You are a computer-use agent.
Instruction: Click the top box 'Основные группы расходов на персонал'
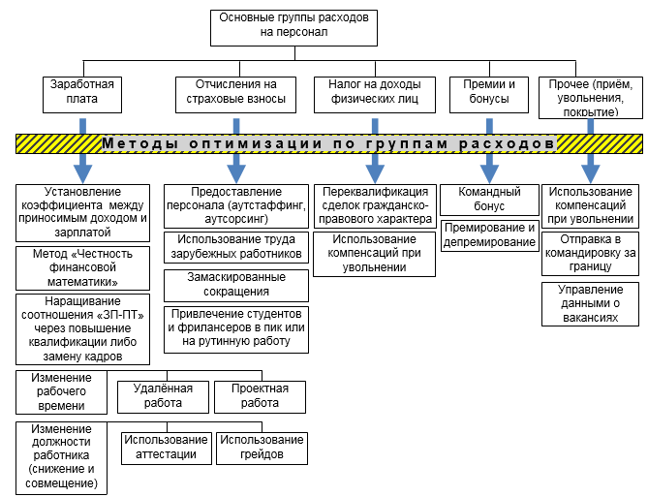[x=281, y=26]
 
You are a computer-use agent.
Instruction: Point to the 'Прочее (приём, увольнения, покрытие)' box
[x=590, y=97]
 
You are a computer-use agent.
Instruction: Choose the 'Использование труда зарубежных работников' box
[x=235, y=245]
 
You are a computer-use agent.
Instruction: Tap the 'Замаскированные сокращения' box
[x=235, y=285]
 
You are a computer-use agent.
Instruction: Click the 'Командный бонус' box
[x=489, y=200]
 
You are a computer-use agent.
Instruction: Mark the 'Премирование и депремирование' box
[x=489, y=234]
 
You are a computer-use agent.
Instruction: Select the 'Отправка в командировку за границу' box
[x=590, y=254]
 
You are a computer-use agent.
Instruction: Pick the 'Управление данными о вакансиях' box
[x=590, y=304]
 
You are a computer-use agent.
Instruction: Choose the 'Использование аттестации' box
[x=164, y=448]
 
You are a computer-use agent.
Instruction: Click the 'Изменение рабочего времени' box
[x=61, y=391]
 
